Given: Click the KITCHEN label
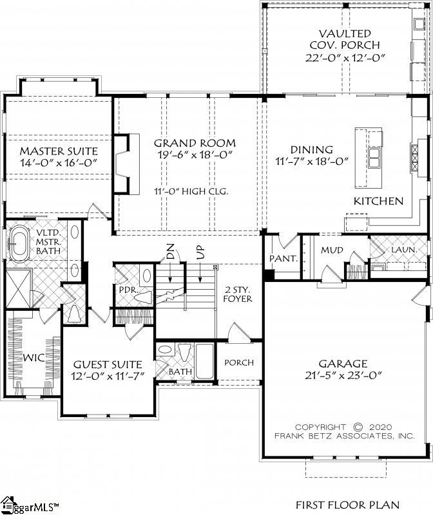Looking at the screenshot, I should (x=378, y=201).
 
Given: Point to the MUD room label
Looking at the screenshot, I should (x=332, y=250).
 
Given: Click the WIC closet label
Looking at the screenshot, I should (x=32, y=357).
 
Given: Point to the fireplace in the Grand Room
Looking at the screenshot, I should (x=126, y=164).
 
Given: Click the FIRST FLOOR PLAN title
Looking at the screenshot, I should (x=347, y=505).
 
